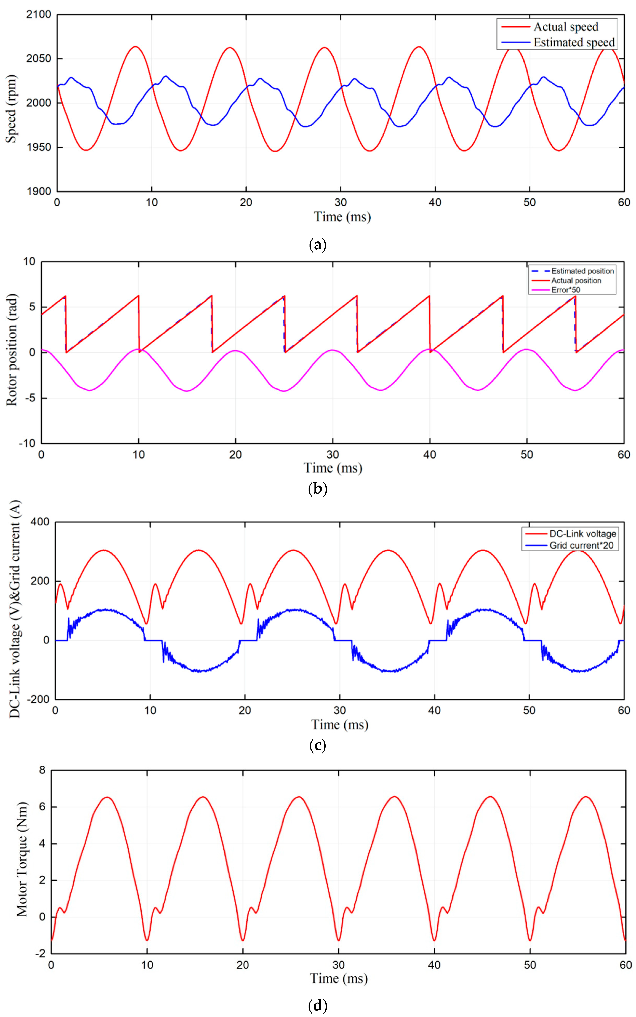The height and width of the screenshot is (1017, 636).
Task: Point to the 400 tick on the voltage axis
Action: [40, 522]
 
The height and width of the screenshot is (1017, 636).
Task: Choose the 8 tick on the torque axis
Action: [42, 770]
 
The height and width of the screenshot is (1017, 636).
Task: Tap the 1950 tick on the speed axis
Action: [39, 147]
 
